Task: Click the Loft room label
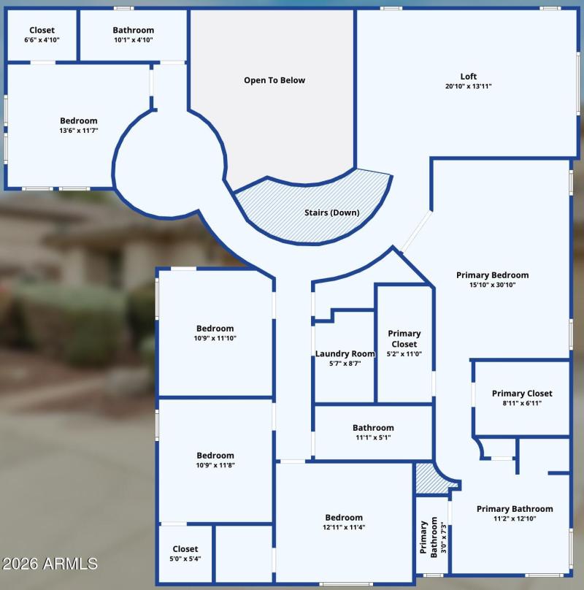[x=468, y=76]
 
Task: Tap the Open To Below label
[x=274, y=80]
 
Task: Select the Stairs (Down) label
[x=331, y=213]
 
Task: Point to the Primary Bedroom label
[x=492, y=275]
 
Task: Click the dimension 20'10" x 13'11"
[x=468, y=86]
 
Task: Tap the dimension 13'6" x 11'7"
[x=78, y=130]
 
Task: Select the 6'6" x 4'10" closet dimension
[x=42, y=39]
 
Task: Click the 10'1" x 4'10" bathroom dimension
[x=133, y=39]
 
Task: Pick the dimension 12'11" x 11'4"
[x=343, y=526]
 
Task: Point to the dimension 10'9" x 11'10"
[x=215, y=338]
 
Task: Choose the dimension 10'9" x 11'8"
[x=215, y=464]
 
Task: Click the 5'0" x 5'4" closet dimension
[x=185, y=559]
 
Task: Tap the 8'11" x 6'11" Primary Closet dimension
[x=521, y=402]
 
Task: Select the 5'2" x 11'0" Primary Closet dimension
[x=404, y=353]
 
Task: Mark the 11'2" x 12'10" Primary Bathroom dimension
[x=514, y=518]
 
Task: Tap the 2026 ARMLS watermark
[x=50, y=564]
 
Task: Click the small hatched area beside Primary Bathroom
[x=427, y=478]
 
